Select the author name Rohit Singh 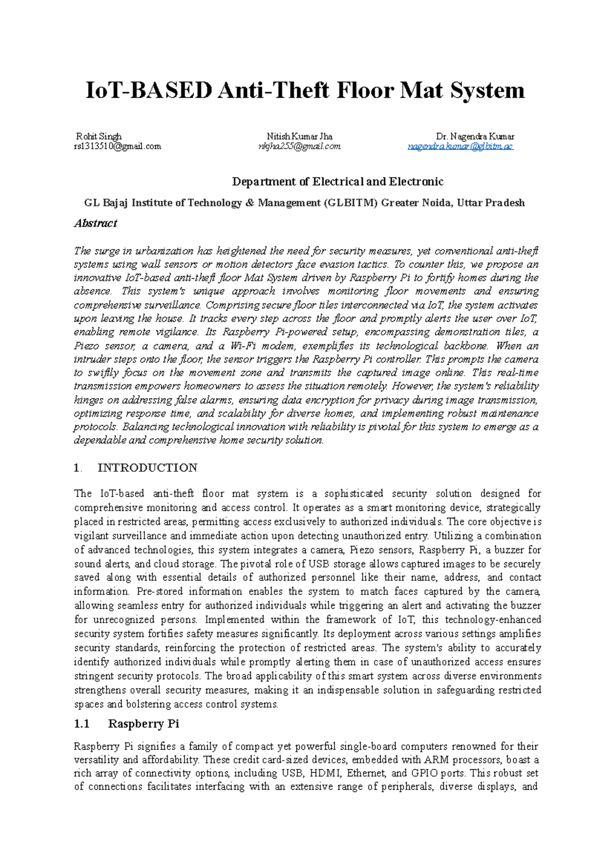[x=99, y=136]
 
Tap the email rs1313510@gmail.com [x=117, y=146]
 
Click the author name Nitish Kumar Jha [x=299, y=136]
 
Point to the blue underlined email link [x=460, y=147]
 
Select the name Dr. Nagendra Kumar [x=475, y=136]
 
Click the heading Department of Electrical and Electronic [x=338, y=181]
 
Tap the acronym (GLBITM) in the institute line [x=350, y=203]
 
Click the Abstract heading [x=96, y=223]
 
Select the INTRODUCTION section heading [x=147, y=468]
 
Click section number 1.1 [x=82, y=724]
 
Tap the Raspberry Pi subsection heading [x=143, y=724]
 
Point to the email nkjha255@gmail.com [x=299, y=147]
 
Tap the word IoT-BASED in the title [x=148, y=90]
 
